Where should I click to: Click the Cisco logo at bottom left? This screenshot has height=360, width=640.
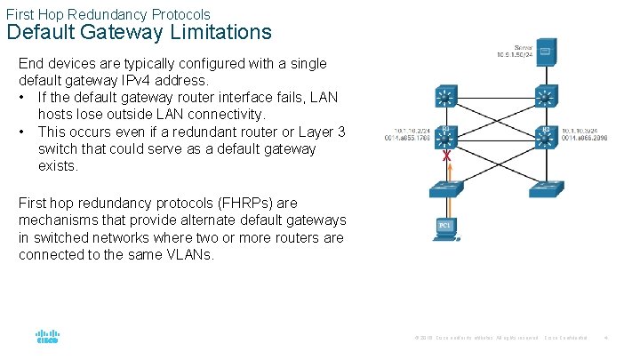[x=47, y=338]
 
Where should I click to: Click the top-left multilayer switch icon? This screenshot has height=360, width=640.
[x=446, y=95]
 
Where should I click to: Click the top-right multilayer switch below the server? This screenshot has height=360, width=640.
[x=545, y=95]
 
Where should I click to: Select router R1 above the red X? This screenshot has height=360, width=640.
[x=446, y=135]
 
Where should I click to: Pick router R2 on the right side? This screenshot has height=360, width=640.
[x=545, y=135]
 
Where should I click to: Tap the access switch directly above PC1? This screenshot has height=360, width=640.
[x=446, y=188]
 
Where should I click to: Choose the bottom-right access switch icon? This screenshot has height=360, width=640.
[x=545, y=188]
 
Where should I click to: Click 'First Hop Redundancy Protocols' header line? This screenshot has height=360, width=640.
[x=108, y=14]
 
